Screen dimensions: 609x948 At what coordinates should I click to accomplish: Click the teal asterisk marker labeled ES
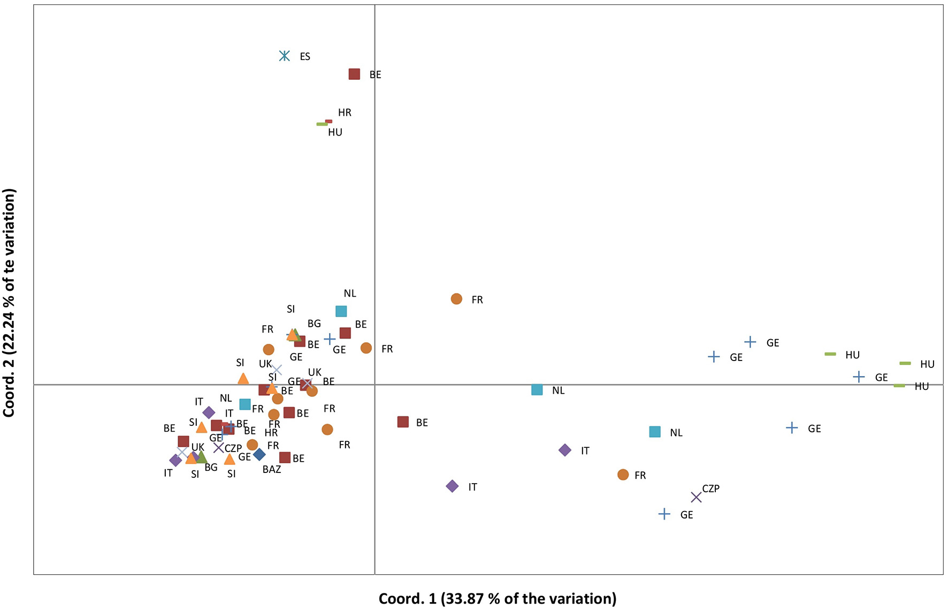click(285, 56)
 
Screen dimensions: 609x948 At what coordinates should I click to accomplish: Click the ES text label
click(305, 57)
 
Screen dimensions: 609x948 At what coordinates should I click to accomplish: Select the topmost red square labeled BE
click(354, 74)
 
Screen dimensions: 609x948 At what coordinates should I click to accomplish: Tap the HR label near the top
click(345, 112)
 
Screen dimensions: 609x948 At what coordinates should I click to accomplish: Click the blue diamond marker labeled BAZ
click(259, 454)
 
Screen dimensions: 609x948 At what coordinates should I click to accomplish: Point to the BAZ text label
click(272, 470)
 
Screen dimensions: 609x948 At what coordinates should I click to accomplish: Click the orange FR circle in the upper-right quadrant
click(456, 299)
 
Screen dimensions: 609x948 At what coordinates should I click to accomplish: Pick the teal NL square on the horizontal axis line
click(537, 390)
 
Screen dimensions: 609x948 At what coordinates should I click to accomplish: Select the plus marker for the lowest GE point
click(664, 514)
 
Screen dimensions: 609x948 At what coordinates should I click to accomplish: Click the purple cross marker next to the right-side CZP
click(696, 498)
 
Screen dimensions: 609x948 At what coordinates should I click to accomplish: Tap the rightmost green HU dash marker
click(905, 364)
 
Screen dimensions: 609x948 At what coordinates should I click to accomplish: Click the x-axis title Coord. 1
click(498, 598)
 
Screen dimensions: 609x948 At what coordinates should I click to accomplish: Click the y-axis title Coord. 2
click(10, 303)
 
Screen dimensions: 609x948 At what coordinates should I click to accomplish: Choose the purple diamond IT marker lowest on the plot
click(452, 486)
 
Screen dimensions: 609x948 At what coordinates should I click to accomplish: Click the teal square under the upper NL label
click(341, 311)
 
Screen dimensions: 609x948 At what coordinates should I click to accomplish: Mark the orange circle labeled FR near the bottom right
click(623, 475)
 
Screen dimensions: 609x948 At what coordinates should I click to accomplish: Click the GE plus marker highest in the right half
click(750, 342)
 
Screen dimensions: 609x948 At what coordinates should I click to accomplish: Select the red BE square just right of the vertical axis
click(403, 422)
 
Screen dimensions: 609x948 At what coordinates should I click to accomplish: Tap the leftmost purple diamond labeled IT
click(175, 460)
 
